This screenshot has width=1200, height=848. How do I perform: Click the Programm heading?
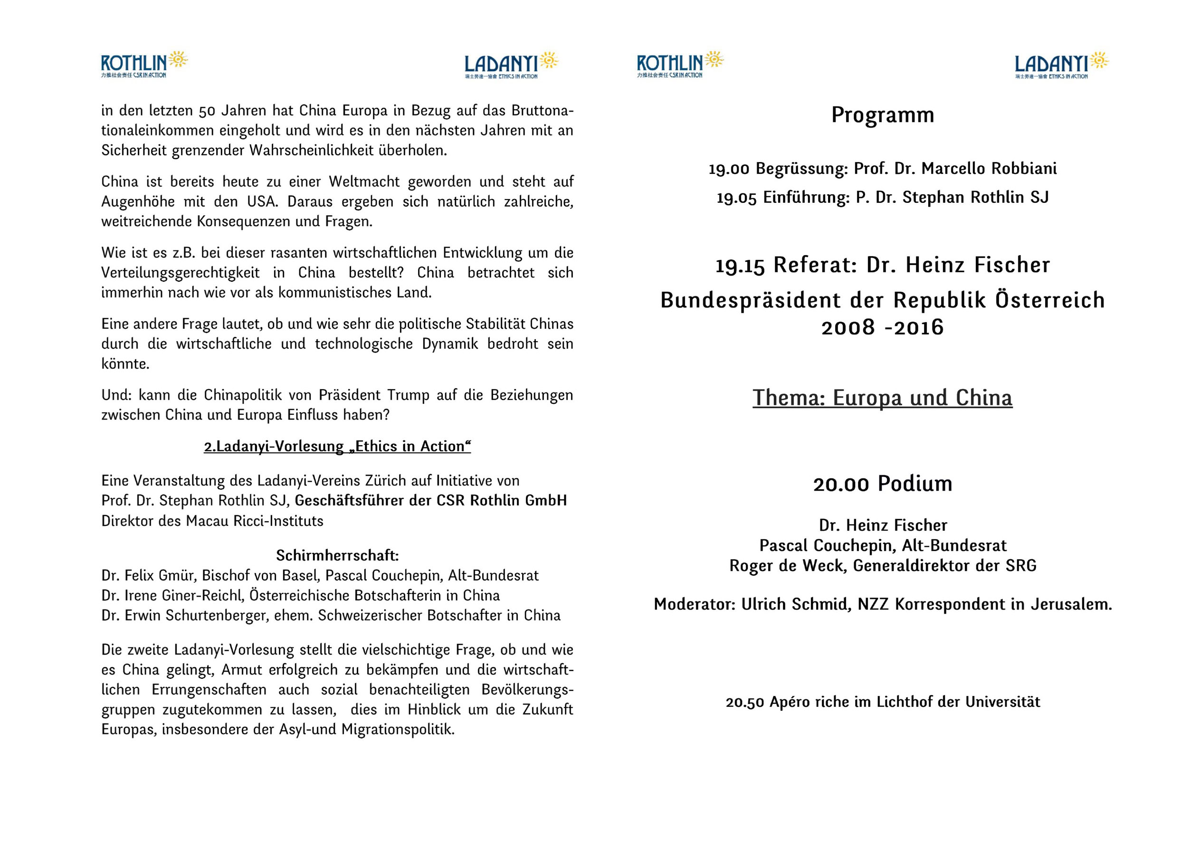882,115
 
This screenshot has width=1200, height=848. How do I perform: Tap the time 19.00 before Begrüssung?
729,169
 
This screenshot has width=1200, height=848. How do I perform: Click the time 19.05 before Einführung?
736,198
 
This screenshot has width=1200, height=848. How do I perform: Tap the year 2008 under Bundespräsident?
848,328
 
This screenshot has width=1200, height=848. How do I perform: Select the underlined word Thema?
787,398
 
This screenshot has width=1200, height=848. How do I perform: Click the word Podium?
914,484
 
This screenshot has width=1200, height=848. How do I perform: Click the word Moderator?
694,604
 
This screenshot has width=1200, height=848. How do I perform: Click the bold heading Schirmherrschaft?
337,555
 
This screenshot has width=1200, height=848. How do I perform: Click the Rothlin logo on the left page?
144,64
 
